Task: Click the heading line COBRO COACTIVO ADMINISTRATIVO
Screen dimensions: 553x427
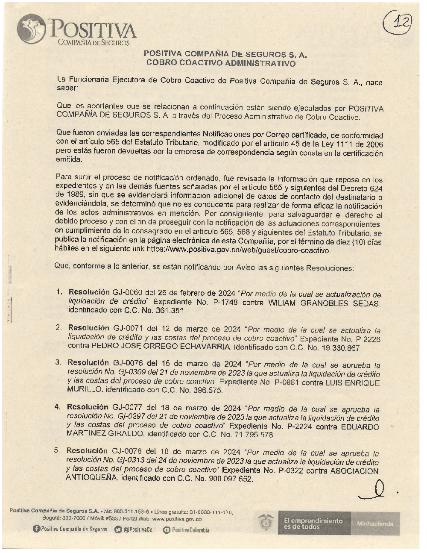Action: pos(221,63)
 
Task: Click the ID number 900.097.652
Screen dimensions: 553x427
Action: pos(230,479)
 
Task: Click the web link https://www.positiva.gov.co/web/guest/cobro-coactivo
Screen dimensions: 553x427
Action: pos(238,250)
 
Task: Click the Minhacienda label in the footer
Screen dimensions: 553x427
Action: pos(375,523)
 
